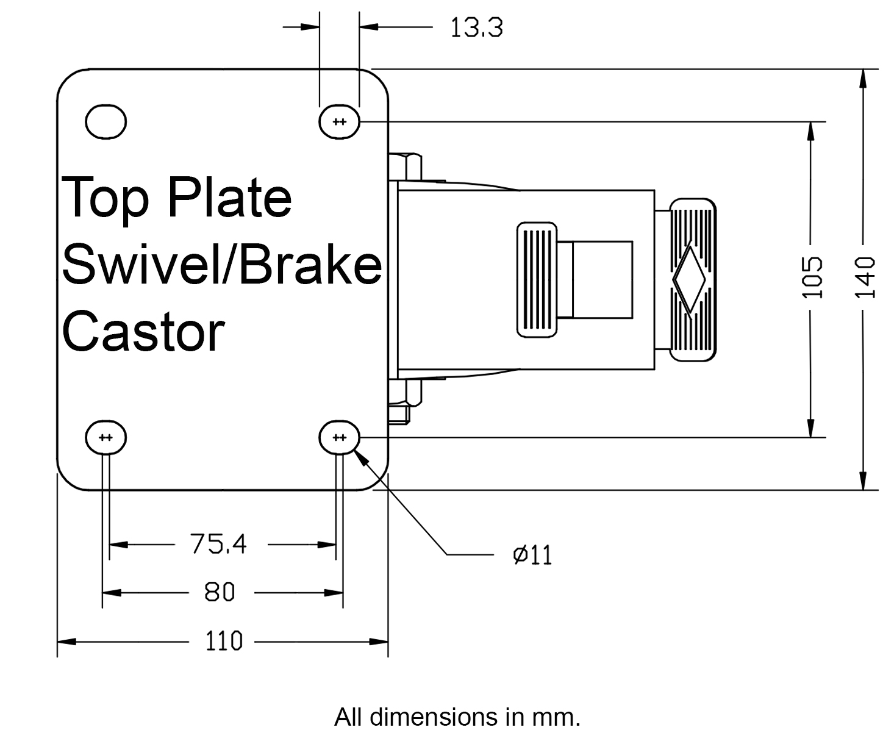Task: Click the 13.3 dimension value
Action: pyautogui.click(x=476, y=27)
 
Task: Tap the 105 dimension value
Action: pyautogui.click(x=812, y=277)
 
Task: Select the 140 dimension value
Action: pyautogui.click(x=865, y=277)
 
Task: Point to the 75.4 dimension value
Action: pyautogui.click(x=218, y=544)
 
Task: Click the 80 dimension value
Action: pyautogui.click(x=219, y=592)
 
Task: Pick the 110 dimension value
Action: pyautogui.click(x=223, y=642)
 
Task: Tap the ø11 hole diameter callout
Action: pyautogui.click(x=532, y=555)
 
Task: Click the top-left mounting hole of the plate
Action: pyautogui.click(x=105, y=121)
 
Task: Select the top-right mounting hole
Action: pyautogui.click(x=340, y=122)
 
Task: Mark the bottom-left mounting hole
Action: pyautogui.click(x=105, y=437)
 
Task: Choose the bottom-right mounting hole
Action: pyautogui.click(x=340, y=437)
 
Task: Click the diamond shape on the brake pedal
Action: pyautogui.click(x=689, y=279)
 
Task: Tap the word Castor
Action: pyautogui.click(x=144, y=332)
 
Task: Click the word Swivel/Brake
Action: pyautogui.click(x=222, y=265)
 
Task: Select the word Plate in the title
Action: pyautogui.click(x=229, y=198)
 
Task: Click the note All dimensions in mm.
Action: pyautogui.click(x=457, y=717)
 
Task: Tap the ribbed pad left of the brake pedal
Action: pyautogui.click(x=537, y=279)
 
